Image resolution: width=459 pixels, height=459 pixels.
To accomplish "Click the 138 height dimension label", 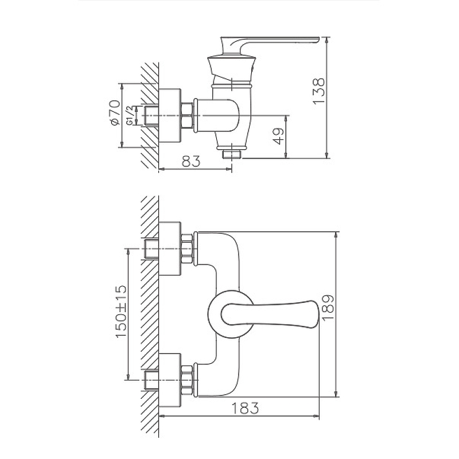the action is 319,91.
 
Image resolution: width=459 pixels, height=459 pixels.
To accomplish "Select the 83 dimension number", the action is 191,161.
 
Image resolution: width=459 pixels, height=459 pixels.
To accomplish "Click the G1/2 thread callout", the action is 130,116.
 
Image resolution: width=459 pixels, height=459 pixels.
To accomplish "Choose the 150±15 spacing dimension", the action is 121,312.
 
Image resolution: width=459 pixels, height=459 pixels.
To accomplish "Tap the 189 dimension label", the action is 328,308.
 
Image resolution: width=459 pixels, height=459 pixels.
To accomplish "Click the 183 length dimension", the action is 246,409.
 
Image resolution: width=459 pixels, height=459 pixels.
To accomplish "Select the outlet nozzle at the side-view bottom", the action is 232,154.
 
